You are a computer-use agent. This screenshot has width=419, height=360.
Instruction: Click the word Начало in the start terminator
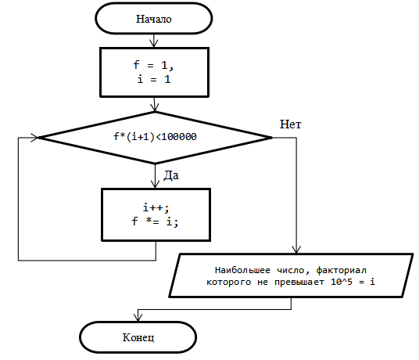154,19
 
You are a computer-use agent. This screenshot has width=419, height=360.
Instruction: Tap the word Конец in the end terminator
138,337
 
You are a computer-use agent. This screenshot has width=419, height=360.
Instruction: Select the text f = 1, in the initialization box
153,65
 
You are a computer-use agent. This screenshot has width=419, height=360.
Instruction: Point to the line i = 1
154,79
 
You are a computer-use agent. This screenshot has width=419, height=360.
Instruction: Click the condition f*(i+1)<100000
155,137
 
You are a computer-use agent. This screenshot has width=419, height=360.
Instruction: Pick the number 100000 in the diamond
179,137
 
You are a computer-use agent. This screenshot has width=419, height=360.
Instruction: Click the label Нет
290,124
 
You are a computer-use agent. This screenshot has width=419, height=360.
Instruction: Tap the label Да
171,175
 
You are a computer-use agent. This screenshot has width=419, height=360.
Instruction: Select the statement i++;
156,207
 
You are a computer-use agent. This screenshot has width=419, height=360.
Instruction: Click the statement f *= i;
155,221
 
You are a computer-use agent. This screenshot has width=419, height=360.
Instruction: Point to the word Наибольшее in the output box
242,270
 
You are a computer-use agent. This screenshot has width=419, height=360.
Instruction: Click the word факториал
342,271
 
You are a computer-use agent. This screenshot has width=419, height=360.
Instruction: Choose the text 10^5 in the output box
342,282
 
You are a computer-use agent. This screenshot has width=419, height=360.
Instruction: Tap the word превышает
299,283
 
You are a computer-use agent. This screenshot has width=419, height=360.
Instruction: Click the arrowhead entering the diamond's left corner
34,138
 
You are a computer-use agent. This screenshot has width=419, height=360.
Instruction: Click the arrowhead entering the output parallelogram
296,250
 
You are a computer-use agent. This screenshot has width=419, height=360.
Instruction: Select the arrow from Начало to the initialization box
154,41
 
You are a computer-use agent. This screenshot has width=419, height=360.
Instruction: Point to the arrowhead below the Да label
155,184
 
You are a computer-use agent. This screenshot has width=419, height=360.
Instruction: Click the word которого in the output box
229,283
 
